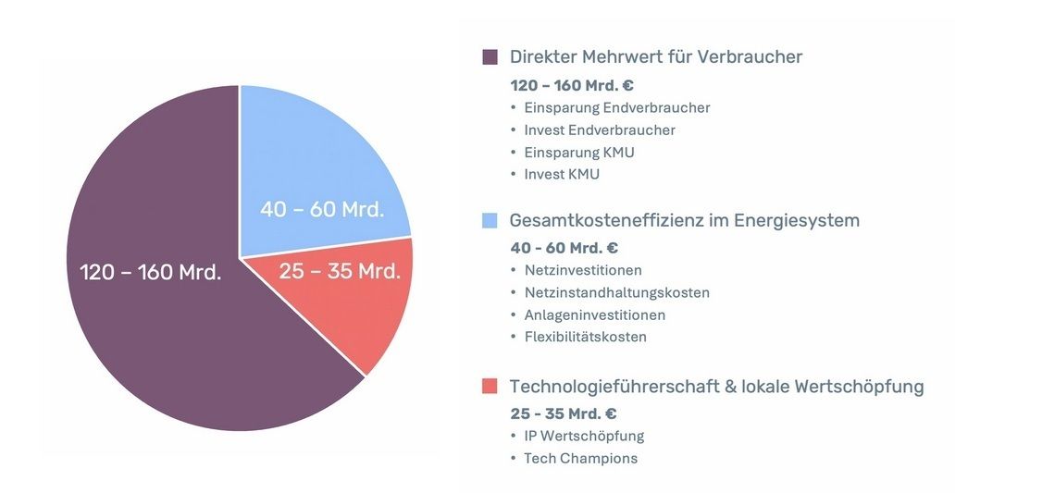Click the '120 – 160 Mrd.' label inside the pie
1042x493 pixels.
pos(150,272)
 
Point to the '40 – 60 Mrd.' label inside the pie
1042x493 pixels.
pos(321,209)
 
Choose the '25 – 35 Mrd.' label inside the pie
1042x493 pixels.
pos(340,271)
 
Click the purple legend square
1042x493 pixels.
pos(490,57)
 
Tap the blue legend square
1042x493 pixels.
pos(490,221)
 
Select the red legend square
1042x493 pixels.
pos(490,386)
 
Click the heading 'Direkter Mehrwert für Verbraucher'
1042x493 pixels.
pos(655,56)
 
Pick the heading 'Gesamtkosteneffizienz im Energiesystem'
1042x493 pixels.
pos(684,220)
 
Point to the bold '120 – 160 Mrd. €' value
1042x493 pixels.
pos(571,85)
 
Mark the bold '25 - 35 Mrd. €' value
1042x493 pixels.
pos(563,413)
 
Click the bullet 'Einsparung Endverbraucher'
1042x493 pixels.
pos(616,107)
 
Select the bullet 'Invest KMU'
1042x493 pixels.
pos(561,174)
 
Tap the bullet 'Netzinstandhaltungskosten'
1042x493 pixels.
pos(616,292)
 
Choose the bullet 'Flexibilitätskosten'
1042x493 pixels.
pos(585,337)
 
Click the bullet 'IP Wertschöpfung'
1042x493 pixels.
pos(583,436)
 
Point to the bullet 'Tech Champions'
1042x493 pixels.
pos(580,458)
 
